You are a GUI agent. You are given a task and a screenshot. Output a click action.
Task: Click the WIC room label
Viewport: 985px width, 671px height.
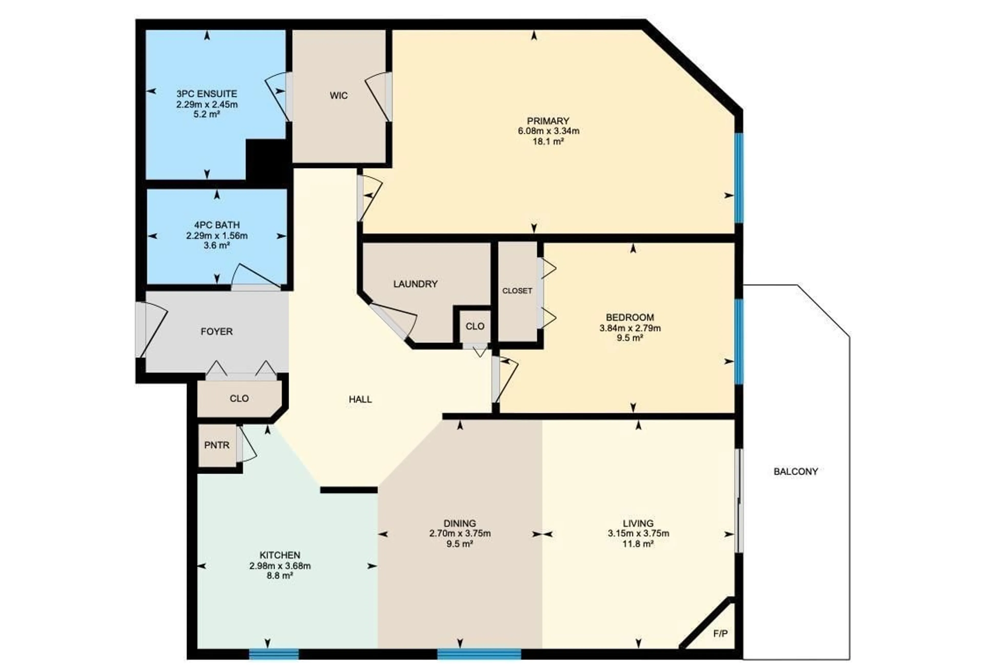pos(338,96)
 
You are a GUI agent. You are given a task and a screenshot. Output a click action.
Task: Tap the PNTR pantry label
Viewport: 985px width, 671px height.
pos(216,445)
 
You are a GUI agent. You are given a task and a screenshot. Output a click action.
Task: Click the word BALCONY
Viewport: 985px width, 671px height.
pos(795,471)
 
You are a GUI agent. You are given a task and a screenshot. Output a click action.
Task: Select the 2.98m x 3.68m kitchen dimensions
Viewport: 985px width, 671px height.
pos(280,566)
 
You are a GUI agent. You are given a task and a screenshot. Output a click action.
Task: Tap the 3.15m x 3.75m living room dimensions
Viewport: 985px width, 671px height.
pos(638,533)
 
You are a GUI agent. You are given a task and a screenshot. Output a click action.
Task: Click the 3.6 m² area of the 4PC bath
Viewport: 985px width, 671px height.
pos(216,245)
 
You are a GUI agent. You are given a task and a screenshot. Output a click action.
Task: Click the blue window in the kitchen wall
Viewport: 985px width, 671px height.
pos(274,655)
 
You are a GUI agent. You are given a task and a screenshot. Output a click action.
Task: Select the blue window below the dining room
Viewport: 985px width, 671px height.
pos(479,655)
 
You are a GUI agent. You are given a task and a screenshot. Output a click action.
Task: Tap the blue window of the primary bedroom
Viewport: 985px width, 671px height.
pos(739,178)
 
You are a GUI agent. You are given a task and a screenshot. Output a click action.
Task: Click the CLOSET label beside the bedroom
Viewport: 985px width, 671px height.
pos(517,291)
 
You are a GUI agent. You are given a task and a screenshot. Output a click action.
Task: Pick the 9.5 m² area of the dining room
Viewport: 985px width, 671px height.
pos(459,544)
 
